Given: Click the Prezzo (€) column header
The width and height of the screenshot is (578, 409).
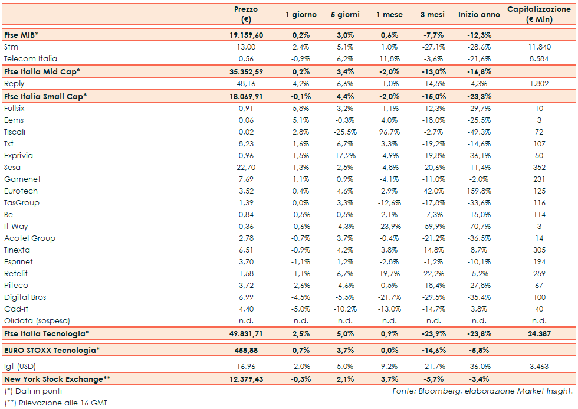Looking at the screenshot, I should (246, 14).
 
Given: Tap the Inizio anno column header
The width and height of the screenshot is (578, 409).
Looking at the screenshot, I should (478, 14).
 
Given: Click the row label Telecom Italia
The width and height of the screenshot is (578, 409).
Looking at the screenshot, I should (30, 59).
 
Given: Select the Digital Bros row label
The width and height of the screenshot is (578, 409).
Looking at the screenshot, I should (25, 297).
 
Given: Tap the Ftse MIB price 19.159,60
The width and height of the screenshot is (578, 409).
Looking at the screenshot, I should (246, 35).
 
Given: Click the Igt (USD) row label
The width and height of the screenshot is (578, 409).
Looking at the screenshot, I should (20, 367).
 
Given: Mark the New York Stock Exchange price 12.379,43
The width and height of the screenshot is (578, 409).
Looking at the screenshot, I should (246, 378).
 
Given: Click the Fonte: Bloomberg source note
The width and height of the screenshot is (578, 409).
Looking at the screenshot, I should (482, 391).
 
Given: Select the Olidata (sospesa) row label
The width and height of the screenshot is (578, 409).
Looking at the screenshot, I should (37, 321).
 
